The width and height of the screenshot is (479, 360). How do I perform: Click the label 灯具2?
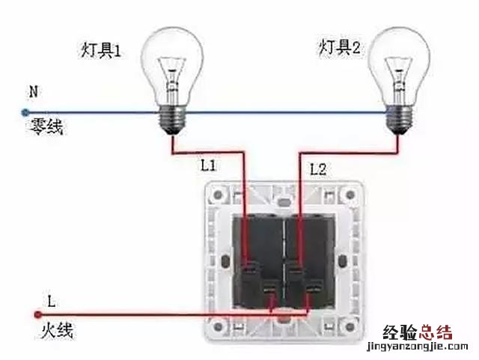pos(338,49)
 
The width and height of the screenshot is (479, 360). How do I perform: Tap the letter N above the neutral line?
pos(32,92)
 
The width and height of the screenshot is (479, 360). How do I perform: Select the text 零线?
pos(46,127)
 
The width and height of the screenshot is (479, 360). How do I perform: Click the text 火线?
pos(55,329)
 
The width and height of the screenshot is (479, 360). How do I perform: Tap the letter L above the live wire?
pos(51,302)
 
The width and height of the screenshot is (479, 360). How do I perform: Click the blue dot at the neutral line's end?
pos(24,114)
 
